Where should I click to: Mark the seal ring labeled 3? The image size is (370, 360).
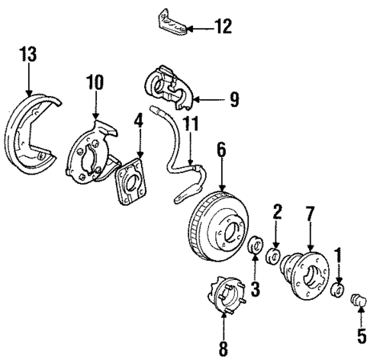click(257, 249)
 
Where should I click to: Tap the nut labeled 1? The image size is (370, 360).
click(338, 288)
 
